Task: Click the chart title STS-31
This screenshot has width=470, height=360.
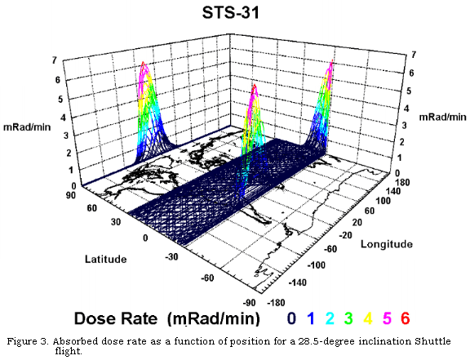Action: [236, 14]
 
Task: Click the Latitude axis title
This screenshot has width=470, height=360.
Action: [106, 259]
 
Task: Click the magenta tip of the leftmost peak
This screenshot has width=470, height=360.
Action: [144, 64]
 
